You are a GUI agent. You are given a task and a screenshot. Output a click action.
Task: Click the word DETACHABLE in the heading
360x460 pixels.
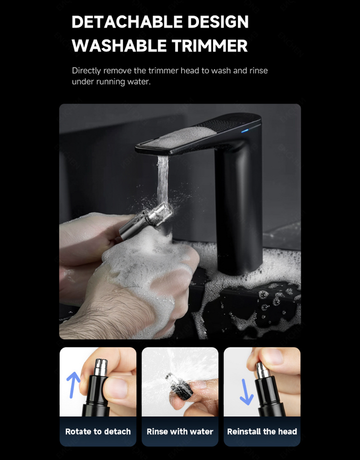(127, 22)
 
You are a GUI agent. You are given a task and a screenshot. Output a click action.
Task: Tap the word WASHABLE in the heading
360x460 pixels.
(119, 46)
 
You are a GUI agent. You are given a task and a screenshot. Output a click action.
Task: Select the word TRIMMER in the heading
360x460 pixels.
(209, 46)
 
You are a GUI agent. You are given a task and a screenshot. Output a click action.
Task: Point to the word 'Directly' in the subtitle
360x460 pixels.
(86, 71)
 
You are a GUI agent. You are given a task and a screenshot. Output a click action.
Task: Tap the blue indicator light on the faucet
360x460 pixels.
(245, 131)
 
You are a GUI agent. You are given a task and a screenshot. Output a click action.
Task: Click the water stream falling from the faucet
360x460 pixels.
(163, 179)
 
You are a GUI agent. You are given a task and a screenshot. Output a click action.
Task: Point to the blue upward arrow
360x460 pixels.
(73, 384)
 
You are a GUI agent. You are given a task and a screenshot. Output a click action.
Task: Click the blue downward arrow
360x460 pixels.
(246, 392)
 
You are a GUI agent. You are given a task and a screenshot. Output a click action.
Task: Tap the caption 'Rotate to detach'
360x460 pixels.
(98, 431)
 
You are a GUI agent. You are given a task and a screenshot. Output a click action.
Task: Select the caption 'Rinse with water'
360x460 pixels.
(180, 431)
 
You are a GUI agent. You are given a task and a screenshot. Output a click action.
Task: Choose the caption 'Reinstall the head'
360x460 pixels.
(262, 431)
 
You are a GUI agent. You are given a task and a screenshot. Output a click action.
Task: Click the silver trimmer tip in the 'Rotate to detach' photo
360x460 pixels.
(101, 367)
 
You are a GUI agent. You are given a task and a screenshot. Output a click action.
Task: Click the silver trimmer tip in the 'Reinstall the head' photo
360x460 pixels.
(262, 370)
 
